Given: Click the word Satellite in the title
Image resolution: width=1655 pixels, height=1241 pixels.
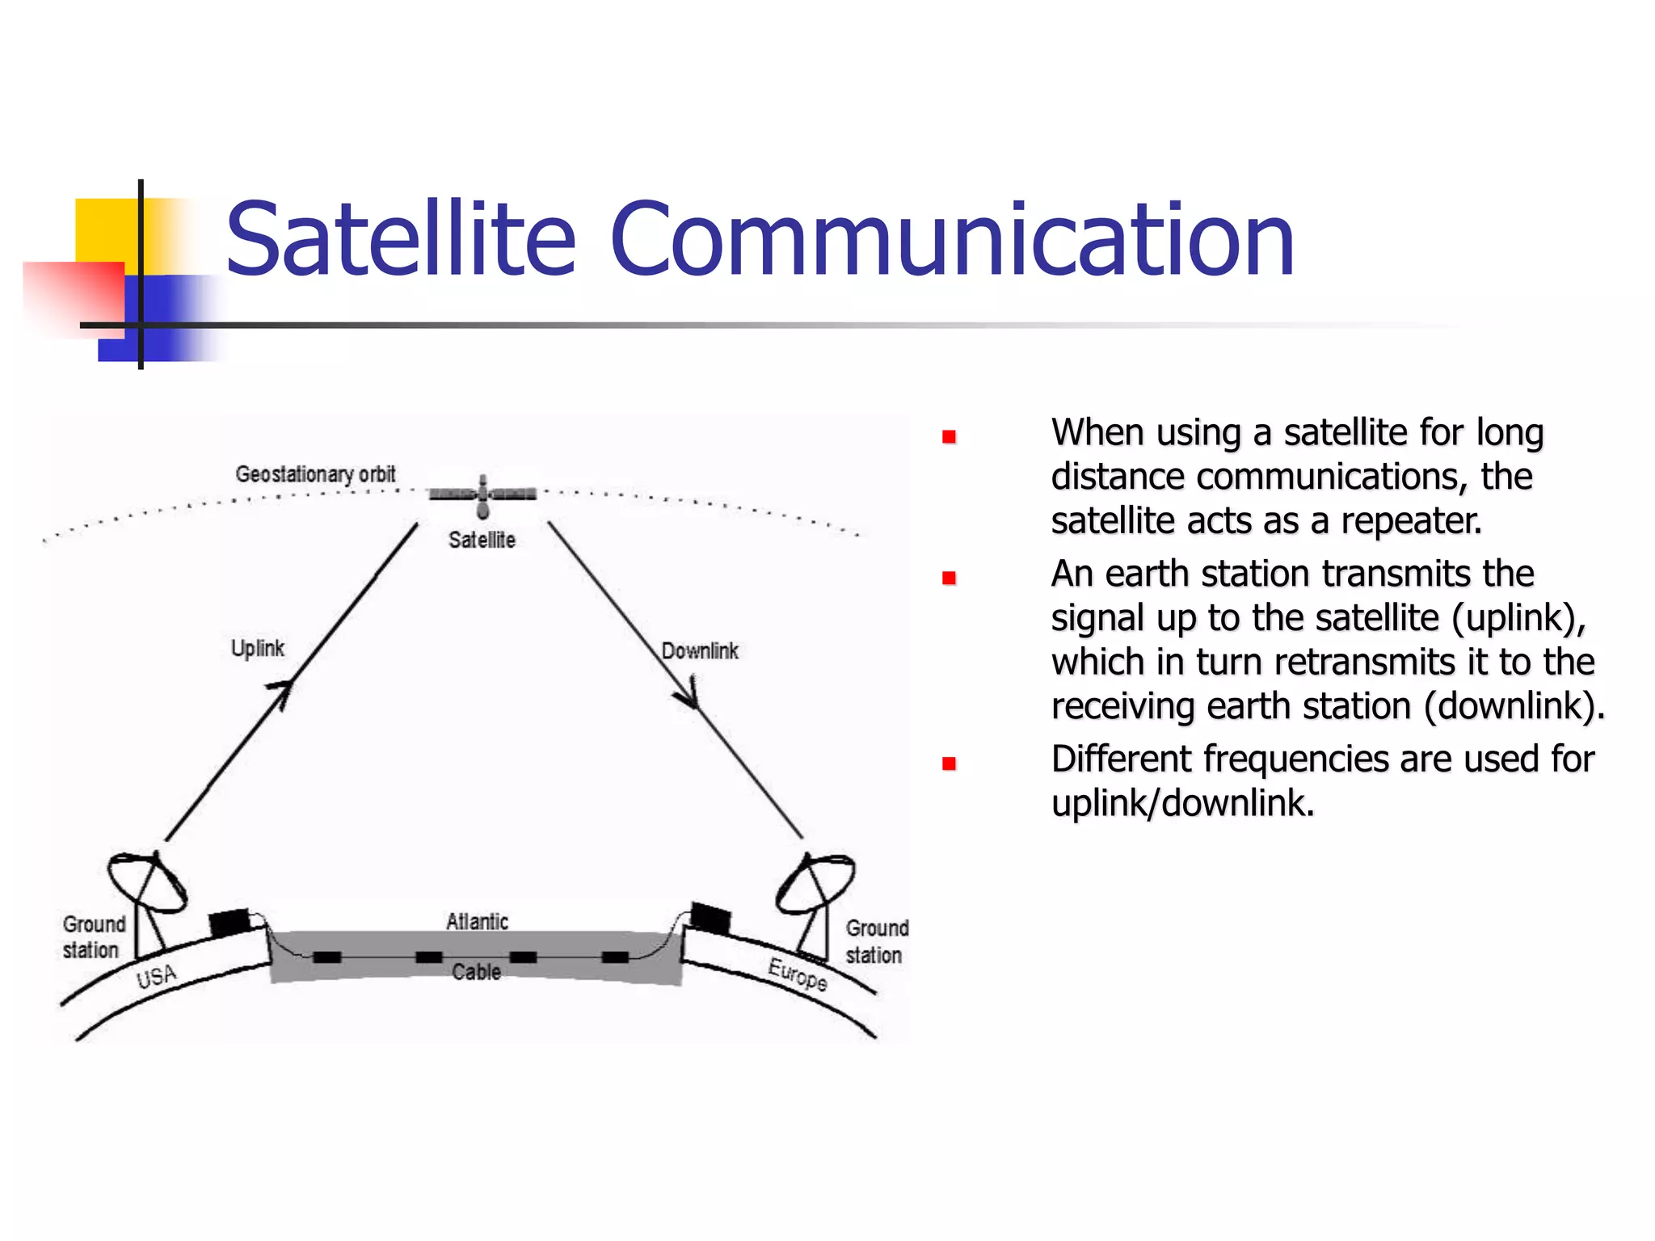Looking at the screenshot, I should pyautogui.click(x=400, y=239).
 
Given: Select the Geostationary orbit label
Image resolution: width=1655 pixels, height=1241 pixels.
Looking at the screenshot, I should pyautogui.click(x=315, y=474).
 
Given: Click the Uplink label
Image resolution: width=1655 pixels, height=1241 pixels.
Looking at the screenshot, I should pyautogui.click(x=257, y=648).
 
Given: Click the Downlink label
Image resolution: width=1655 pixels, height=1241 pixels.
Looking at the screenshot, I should pyautogui.click(x=700, y=651).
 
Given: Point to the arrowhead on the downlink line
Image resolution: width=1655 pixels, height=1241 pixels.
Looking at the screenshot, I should pyautogui.click(x=689, y=697).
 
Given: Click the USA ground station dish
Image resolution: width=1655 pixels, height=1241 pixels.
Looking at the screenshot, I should pyautogui.click(x=147, y=882).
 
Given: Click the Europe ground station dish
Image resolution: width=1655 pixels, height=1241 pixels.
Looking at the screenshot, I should pyautogui.click(x=816, y=882).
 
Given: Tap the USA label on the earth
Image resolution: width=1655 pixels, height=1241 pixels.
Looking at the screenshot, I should pyautogui.click(x=156, y=977).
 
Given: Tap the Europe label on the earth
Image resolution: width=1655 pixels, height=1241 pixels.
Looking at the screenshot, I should pyautogui.click(x=798, y=974).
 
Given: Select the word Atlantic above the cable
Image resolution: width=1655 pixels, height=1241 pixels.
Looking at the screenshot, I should pyautogui.click(x=477, y=922).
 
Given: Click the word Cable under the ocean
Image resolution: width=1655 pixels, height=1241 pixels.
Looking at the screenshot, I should pyautogui.click(x=476, y=972).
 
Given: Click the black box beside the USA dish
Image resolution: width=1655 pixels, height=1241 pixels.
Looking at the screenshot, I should pyautogui.click(x=230, y=922).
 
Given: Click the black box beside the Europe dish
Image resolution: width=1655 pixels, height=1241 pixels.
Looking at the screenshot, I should pyautogui.click(x=711, y=918).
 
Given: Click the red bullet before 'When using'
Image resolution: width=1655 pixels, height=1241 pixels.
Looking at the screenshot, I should pyautogui.click(x=949, y=437).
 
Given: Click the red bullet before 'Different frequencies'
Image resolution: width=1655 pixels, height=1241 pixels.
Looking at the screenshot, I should pyautogui.click(x=949, y=764).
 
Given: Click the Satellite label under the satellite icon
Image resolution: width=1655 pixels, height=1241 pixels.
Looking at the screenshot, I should pyautogui.click(x=482, y=540).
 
